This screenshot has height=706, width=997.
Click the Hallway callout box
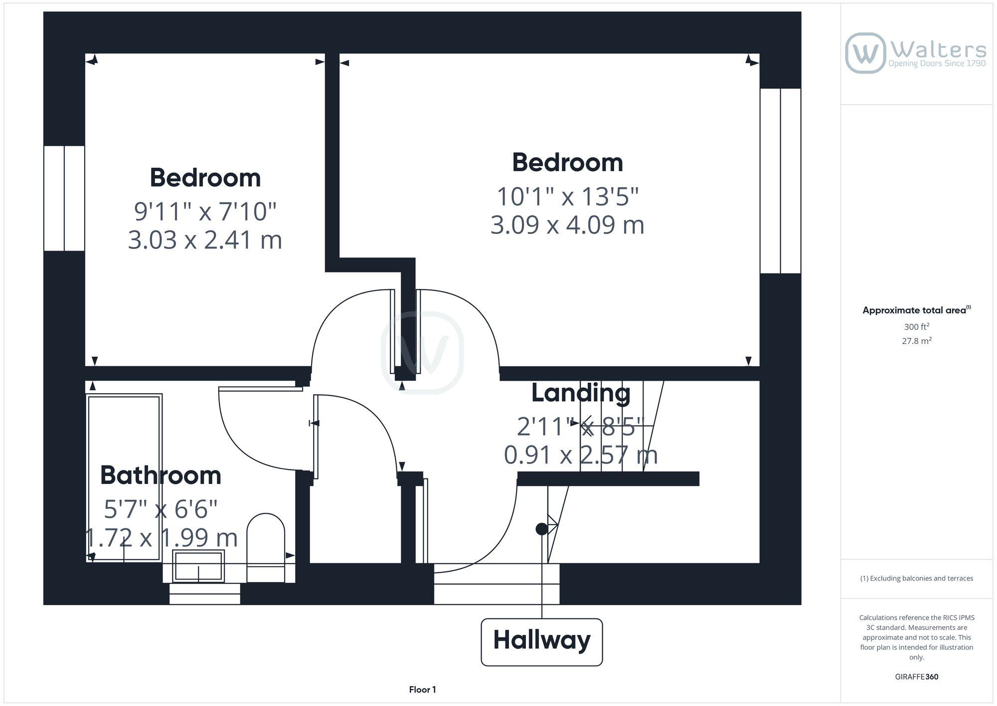click(x=541, y=642)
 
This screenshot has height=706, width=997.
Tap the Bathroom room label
click(x=161, y=475)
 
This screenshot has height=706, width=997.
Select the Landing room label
click(x=581, y=393)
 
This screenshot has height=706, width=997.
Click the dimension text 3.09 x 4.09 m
click(x=567, y=225)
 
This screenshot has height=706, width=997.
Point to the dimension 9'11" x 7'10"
click(x=205, y=212)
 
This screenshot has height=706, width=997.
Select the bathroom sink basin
click(x=198, y=566)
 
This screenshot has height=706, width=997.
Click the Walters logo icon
click(x=865, y=53)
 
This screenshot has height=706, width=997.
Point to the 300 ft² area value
click(x=916, y=327)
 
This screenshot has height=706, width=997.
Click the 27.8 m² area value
click(x=916, y=341)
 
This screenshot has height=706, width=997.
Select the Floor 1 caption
click(x=422, y=690)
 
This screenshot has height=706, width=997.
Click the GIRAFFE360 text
click(x=916, y=677)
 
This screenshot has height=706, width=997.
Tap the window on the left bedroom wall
click(x=64, y=198)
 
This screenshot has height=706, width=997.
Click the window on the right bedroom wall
click(x=780, y=181)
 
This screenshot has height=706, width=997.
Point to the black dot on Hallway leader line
click(x=541, y=529)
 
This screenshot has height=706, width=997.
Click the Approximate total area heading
click(x=916, y=310)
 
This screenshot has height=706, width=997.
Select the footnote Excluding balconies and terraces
click(x=916, y=579)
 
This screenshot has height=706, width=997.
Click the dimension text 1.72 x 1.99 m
click(x=161, y=538)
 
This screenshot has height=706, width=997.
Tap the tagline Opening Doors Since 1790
click(x=937, y=63)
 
